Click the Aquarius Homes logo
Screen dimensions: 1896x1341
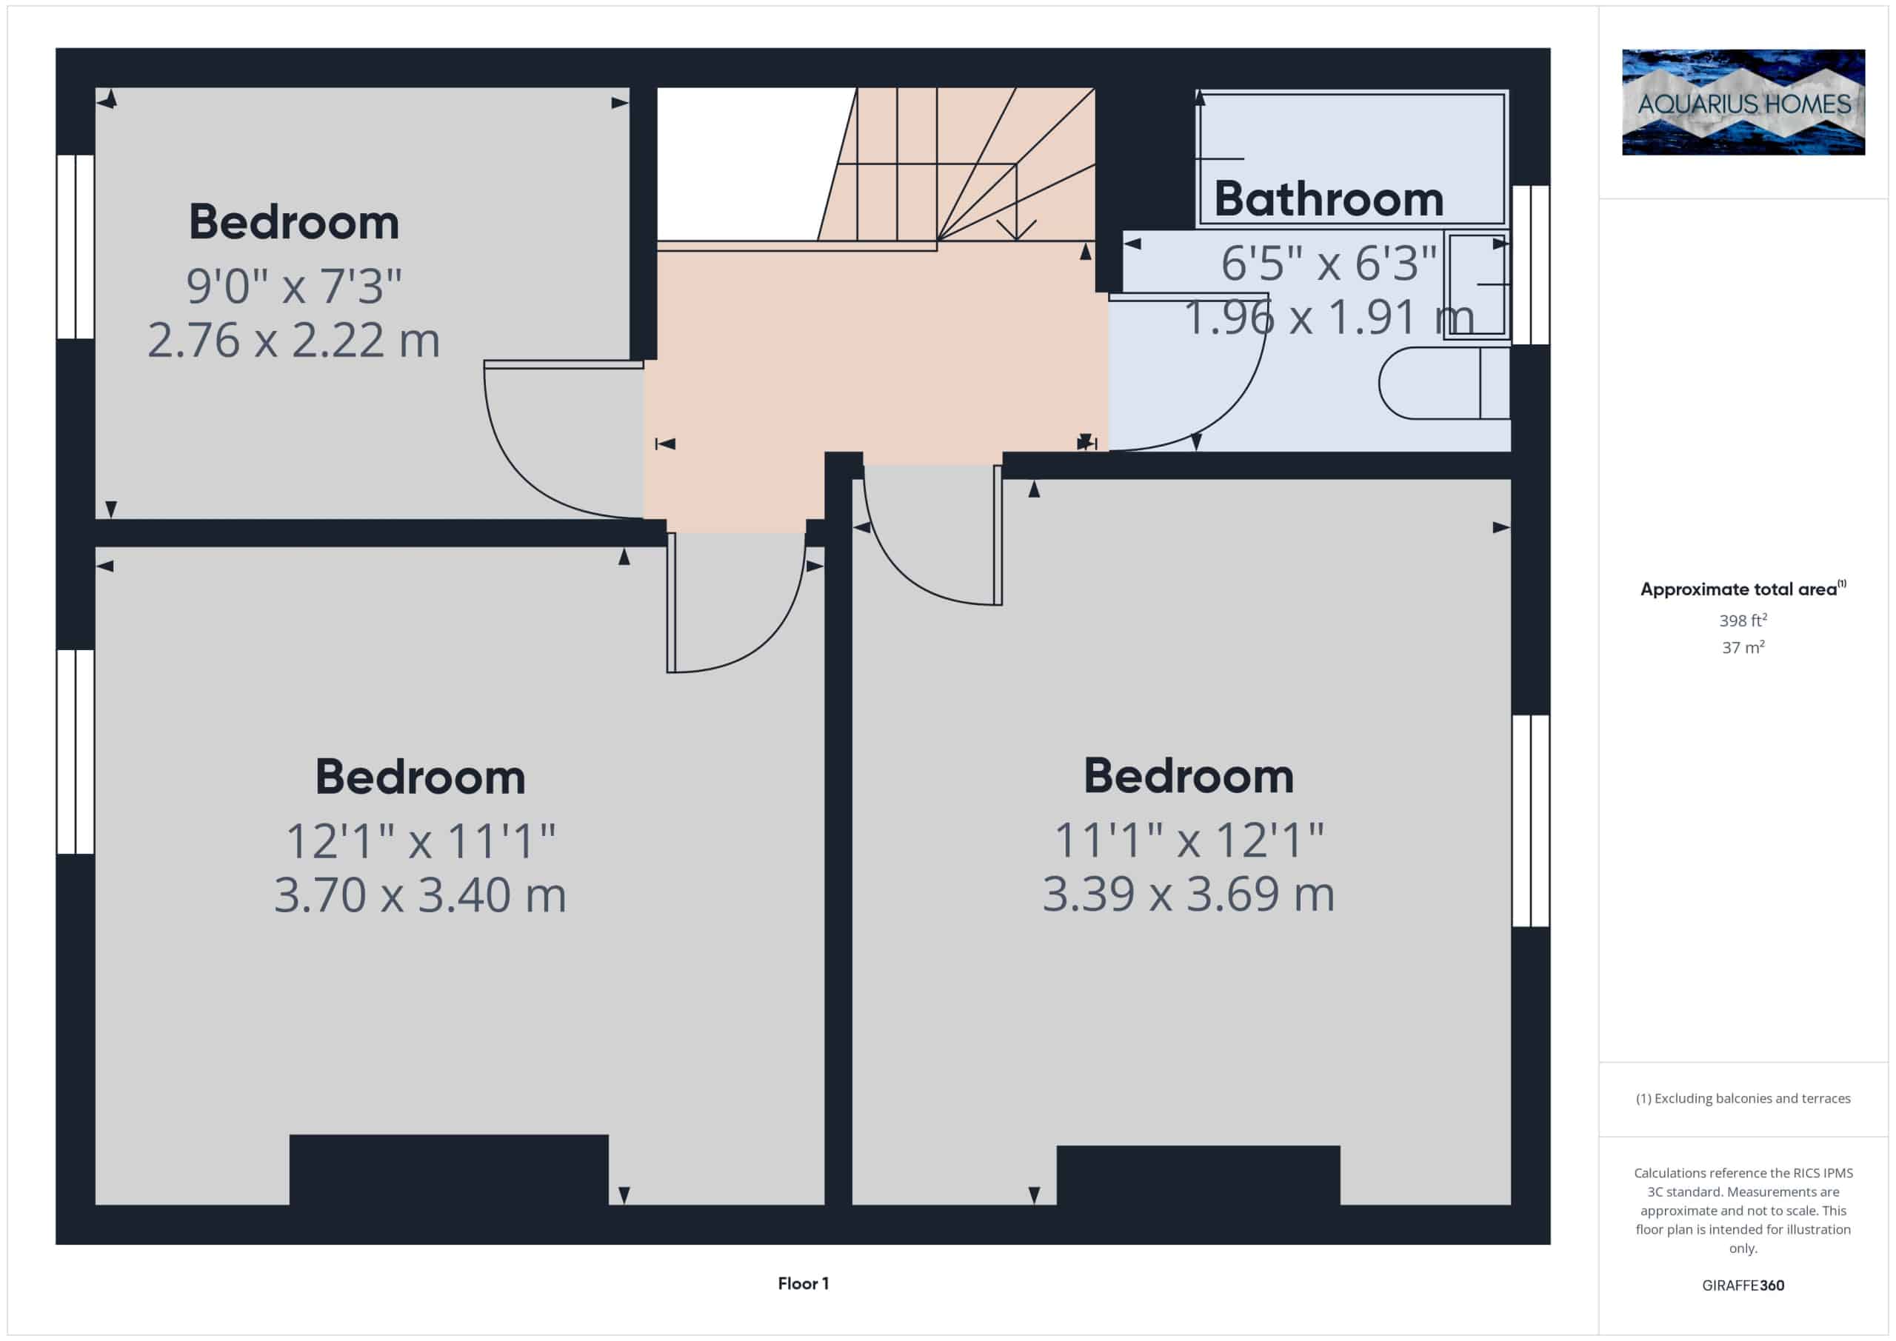point(1743,102)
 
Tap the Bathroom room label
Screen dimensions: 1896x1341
point(1329,199)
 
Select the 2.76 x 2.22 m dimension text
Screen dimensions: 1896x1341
point(294,339)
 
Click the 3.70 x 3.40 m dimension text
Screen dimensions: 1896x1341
point(421,894)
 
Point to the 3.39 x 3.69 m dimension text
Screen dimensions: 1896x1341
point(1188,894)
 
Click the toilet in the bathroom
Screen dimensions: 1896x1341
point(1444,383)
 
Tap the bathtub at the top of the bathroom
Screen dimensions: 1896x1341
point(1352,158)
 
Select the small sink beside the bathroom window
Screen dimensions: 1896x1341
point(1478,284)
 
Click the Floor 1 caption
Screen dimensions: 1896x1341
point(804,1283)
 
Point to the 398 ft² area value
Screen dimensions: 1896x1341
point(1743,620)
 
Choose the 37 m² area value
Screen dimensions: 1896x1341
point(1743,647)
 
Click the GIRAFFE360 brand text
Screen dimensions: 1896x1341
point(1743,1285)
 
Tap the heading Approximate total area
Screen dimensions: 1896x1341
point(1743,589)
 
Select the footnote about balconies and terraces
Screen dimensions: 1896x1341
point(1743,1098)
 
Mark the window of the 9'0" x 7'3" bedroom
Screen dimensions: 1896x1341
point(75,247)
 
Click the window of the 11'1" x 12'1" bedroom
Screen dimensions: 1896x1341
point(1530,820)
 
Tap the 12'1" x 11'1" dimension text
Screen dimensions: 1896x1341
point(421,840)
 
